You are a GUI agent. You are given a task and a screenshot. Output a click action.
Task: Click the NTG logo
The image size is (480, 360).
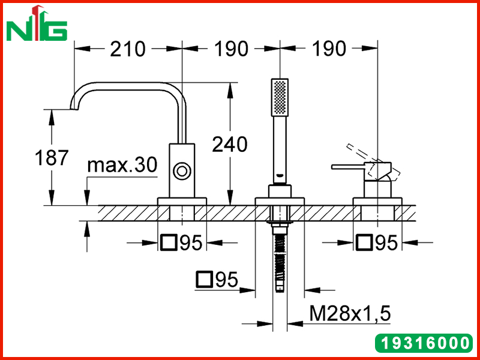(x=37, y=23)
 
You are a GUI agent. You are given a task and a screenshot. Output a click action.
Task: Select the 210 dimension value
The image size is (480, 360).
(x=127, y=49)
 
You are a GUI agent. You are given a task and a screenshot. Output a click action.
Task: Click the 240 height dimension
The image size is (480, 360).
(x=230, y=145)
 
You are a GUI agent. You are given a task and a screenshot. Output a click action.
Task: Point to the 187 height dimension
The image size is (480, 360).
(x=51, y=158)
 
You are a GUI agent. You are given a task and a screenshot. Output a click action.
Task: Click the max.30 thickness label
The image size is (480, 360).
(x=122, y=165)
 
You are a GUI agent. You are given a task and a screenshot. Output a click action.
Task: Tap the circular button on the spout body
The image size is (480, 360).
(x=182, y=170)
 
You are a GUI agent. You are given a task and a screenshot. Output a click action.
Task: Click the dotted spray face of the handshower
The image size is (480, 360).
(x=280, y=97)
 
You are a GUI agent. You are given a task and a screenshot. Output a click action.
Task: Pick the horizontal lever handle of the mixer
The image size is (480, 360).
(x=347, y=167)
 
